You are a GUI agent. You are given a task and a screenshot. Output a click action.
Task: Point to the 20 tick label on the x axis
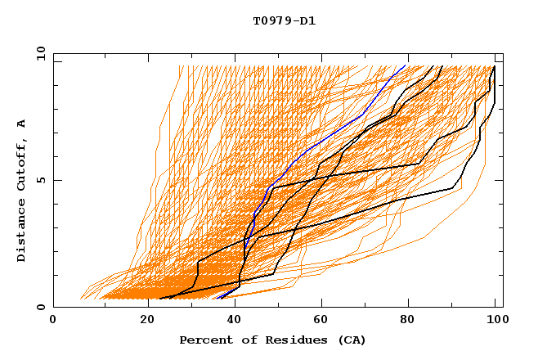[x=142, y=320]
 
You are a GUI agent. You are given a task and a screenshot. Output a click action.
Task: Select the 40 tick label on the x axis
[x=231, y=320]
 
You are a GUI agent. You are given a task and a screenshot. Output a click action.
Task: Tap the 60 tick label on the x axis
[x=320, y=320]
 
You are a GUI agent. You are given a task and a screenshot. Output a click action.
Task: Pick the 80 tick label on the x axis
[x=408, y=320]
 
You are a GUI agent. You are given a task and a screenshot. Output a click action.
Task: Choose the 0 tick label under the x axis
[x=53, y=320]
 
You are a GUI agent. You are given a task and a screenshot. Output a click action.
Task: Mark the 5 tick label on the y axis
[x=41, y=180]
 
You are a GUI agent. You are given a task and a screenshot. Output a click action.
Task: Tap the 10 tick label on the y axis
[x=38, y=52]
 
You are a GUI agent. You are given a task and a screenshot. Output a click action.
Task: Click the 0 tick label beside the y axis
[x=41, y=307]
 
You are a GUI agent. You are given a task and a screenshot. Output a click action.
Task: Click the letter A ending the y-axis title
[x=22, y=124]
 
